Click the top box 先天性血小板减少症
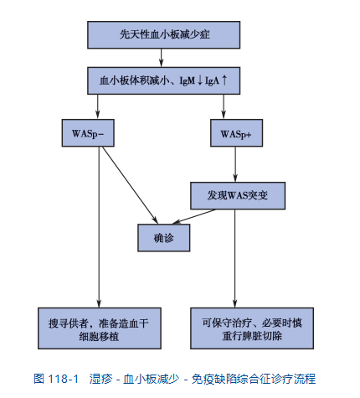[163, 35]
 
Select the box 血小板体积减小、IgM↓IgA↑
[163, 80]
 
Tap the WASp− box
[88, 133]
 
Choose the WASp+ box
[236, 133]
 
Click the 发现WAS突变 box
[238, 195]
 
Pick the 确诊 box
[164, 238]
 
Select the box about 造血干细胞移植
[100, 328]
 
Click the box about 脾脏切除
[252, 328]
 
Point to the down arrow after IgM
[200, 80]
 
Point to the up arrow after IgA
[224, 80]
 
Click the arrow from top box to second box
[161, 58]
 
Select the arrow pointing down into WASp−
[97, 106]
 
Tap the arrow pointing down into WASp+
[224, 106]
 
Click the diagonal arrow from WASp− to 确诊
[130, 185]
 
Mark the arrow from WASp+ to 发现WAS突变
[235, 164]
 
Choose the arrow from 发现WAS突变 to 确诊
[194, 216]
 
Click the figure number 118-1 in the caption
[63, 379]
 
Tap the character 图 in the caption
[39, 379]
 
